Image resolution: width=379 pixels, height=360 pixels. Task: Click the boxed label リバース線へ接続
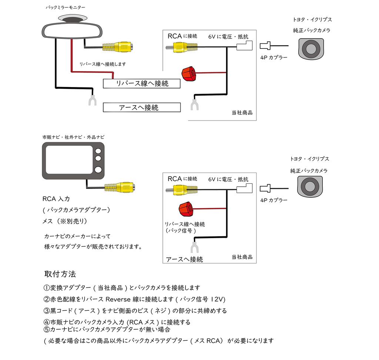coord(142,84)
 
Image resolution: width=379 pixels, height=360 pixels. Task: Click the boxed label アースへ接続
coord(142,107)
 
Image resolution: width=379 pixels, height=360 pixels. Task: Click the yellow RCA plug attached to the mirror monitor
coord(118,47)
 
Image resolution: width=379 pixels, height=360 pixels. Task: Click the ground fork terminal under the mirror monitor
coord(91,100)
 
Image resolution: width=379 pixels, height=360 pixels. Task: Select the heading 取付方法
coord(60,274)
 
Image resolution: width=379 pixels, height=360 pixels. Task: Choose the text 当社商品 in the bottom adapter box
coord(242,257)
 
